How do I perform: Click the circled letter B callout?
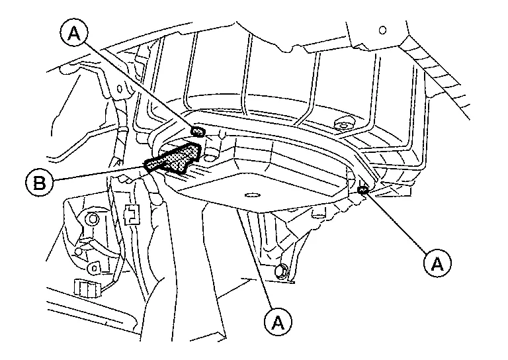point(39,181)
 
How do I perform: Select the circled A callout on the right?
point(435,263)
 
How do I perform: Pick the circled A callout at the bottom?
point(277,322)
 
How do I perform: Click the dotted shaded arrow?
point(173,159)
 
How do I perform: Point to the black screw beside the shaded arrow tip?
point(197,132)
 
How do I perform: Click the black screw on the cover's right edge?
point(362,191)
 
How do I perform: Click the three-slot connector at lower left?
point(85,288)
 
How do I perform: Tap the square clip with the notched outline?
point(131,212)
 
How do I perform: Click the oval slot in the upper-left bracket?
point(120,88)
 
